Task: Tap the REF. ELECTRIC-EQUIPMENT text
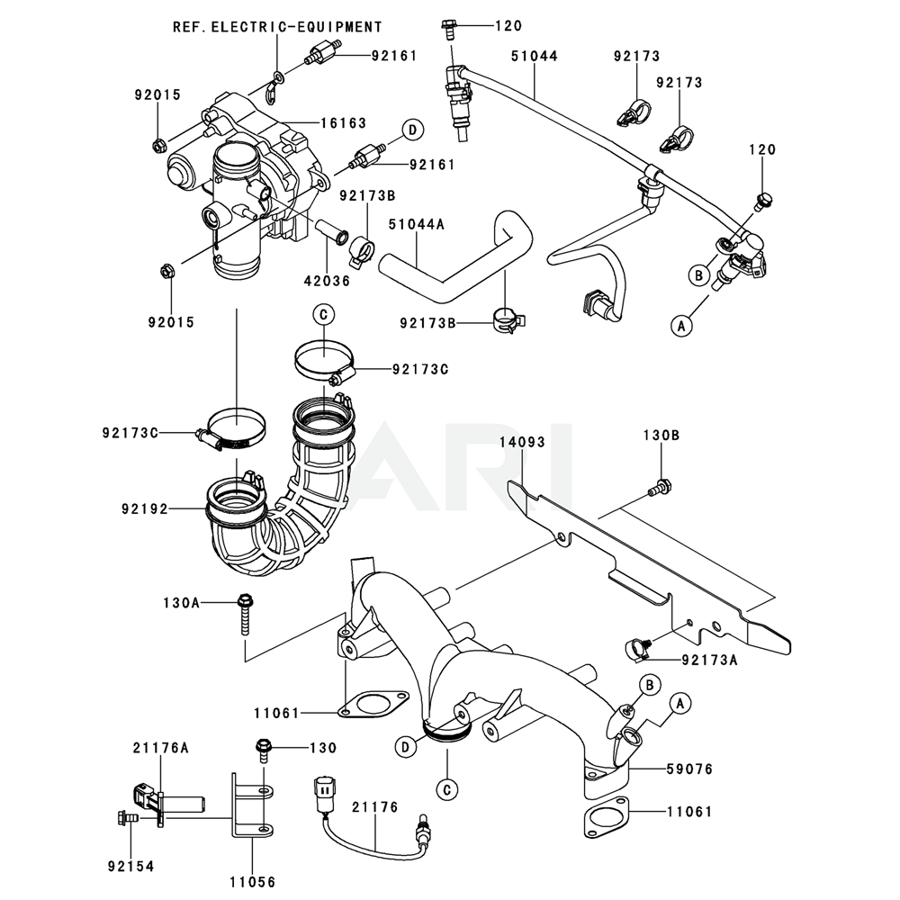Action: coord(277,27)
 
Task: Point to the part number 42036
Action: coord(325,281)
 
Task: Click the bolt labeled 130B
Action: coord(661,490)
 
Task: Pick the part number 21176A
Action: coord(161,747)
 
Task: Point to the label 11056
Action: coord(253,882)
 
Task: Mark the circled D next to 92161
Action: coord(411,130)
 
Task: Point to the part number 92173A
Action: coord(709,660)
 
